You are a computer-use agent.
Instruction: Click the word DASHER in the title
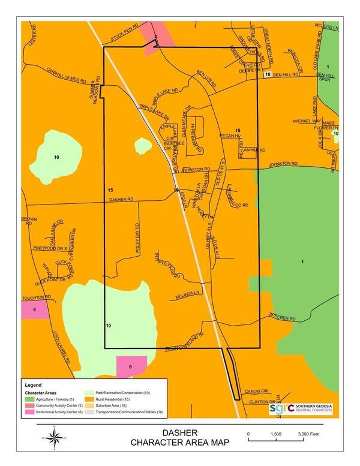[x=179, y=433]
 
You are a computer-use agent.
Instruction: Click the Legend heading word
[x=33, y=384]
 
